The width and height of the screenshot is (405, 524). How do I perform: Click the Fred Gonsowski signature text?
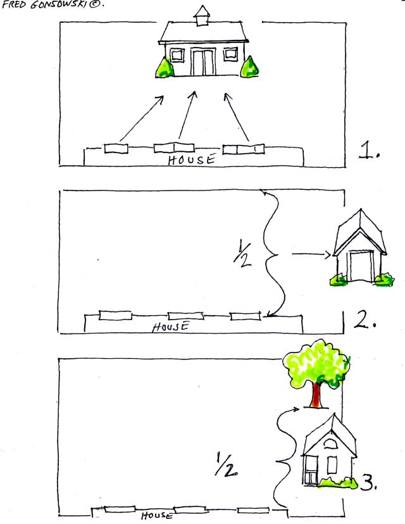pos(53,5)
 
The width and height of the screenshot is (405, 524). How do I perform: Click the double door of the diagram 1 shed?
pos(203,62)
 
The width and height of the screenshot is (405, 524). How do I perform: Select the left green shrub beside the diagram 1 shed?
pos(165,68)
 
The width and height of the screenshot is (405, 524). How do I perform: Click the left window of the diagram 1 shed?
pos(177,55)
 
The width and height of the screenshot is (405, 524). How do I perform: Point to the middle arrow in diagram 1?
pos(187,115)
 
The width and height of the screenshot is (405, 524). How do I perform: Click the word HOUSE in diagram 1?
pos(192,159)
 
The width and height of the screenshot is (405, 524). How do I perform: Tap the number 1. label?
pos(369,150)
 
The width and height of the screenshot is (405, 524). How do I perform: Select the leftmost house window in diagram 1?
pos(116,148)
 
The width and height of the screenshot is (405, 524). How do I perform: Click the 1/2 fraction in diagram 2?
pos(243,254)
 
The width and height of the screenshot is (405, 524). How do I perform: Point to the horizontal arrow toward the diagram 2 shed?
pos(311,254)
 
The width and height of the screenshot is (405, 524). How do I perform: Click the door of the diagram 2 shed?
pos(361,266)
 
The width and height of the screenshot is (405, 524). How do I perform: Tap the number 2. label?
pos(365,320)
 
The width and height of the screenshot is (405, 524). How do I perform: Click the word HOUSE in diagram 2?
pos(171,327)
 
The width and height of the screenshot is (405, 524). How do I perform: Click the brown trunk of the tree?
pos(316,395)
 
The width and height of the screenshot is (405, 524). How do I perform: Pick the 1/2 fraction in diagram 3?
pos(226,464)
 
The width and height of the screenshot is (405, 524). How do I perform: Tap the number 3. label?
pos(369,483)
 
